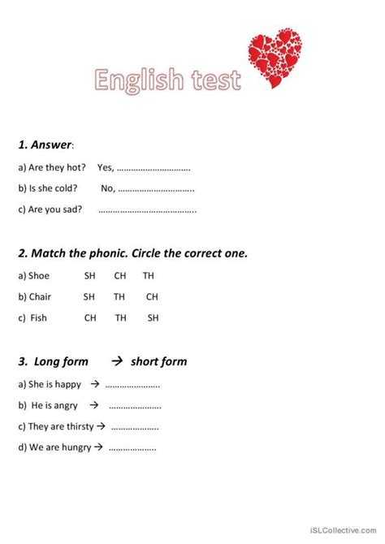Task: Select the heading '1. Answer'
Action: pyautogui.click(x=45, y=145)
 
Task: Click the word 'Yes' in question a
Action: pyautogui.click(x=105, y=168)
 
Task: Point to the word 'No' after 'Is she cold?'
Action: pyautogui.click(x=107, y=188)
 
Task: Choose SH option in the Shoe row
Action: pyautogui.click(x=90, y=276)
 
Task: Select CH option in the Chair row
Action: pyautogui.click(x=152, y=297)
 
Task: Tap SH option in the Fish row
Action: pyautogui.click(x=153, y=318)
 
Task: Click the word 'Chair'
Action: pyautogui.click(x=41, y=297)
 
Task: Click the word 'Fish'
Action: pyautogui.click(x=39, y=318)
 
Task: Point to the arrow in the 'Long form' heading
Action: pyautogui.click(x=115, y=361)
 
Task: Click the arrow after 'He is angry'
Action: pyautogui.click(x=94, y=405)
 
